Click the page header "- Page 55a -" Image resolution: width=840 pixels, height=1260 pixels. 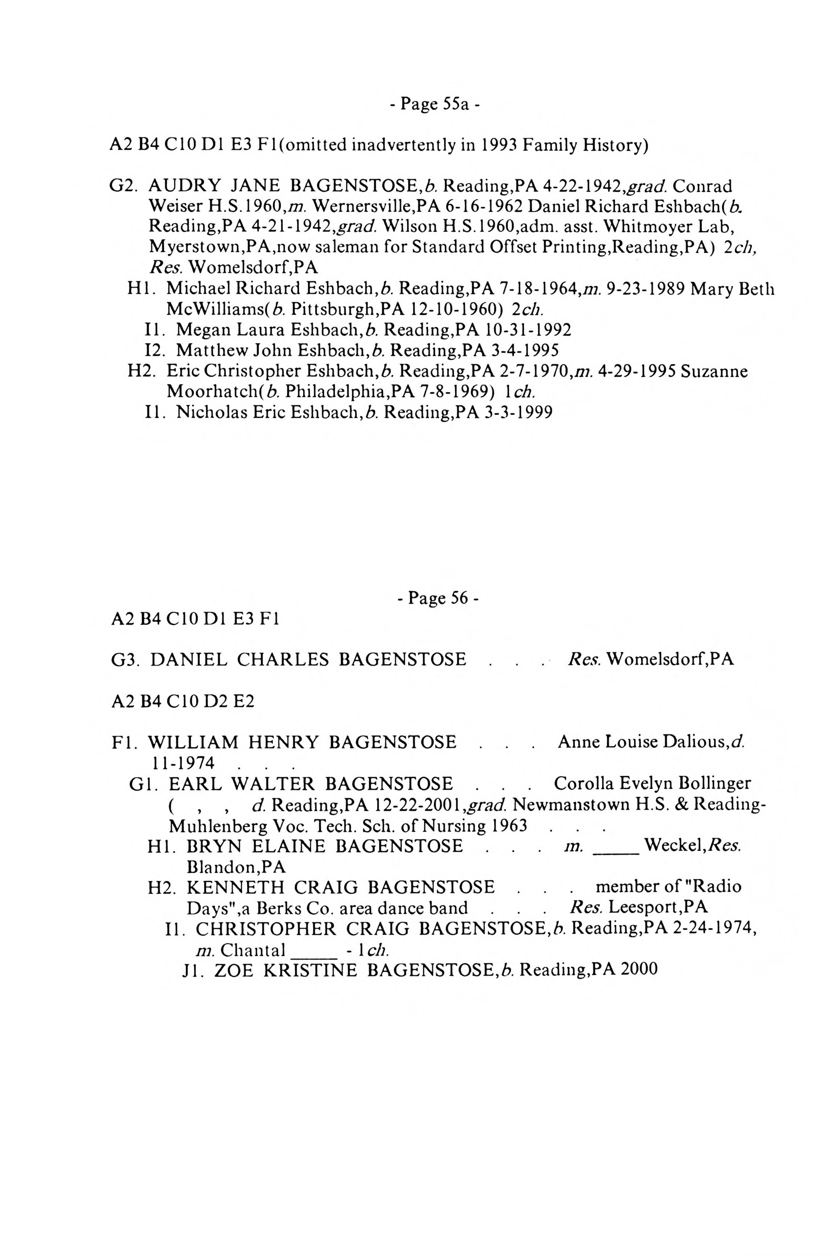[434, 104]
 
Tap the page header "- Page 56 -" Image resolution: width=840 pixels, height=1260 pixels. [438, 597]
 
